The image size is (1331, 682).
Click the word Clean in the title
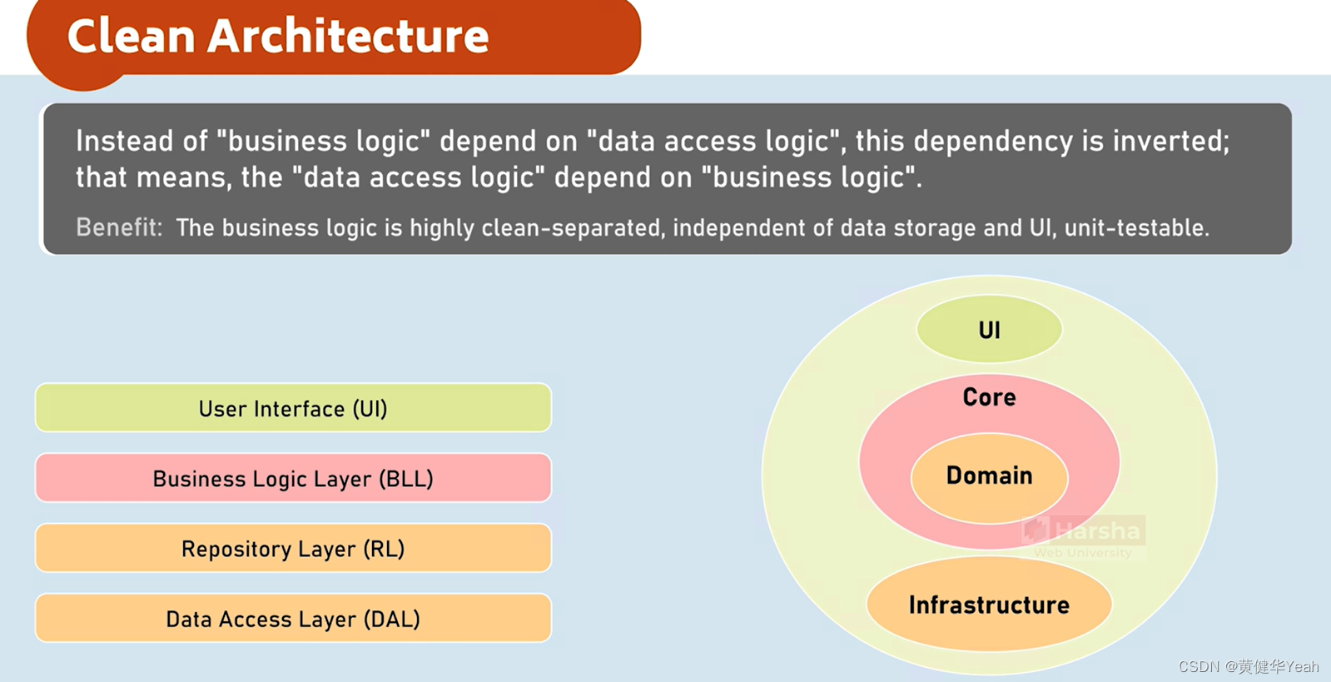(131, 37)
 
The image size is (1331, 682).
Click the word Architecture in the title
(348, 37)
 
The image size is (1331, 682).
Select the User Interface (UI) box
(293, 408)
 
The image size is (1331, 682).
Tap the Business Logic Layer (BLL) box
(293, 478)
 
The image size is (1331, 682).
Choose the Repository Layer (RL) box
(293, 548)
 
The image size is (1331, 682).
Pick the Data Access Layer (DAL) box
(293, 618)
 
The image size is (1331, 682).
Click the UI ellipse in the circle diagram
(989, 330)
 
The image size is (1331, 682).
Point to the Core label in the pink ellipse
(989, 397)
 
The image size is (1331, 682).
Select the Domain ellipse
(989, 476)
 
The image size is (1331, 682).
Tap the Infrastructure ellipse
(989, 605)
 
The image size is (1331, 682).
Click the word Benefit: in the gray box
(119, 227)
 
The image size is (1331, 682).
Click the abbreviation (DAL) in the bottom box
(392, 619)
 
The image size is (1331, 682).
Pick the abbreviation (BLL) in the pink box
(405, 479)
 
